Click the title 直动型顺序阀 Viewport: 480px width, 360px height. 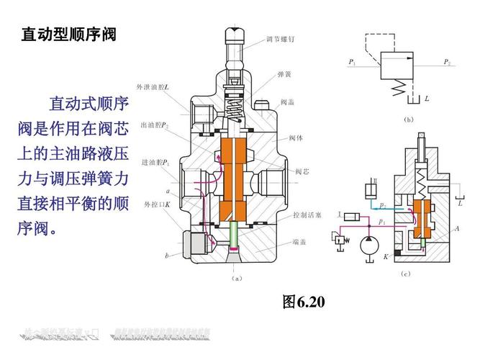pos(68,34)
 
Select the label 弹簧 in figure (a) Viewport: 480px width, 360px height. pos(284,74)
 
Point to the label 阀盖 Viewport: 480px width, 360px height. pos(287,102)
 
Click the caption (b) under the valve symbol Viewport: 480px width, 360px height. pos(409,119)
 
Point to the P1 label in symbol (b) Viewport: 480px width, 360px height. pos(352,63)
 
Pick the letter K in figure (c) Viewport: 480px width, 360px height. pos(386,256)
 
